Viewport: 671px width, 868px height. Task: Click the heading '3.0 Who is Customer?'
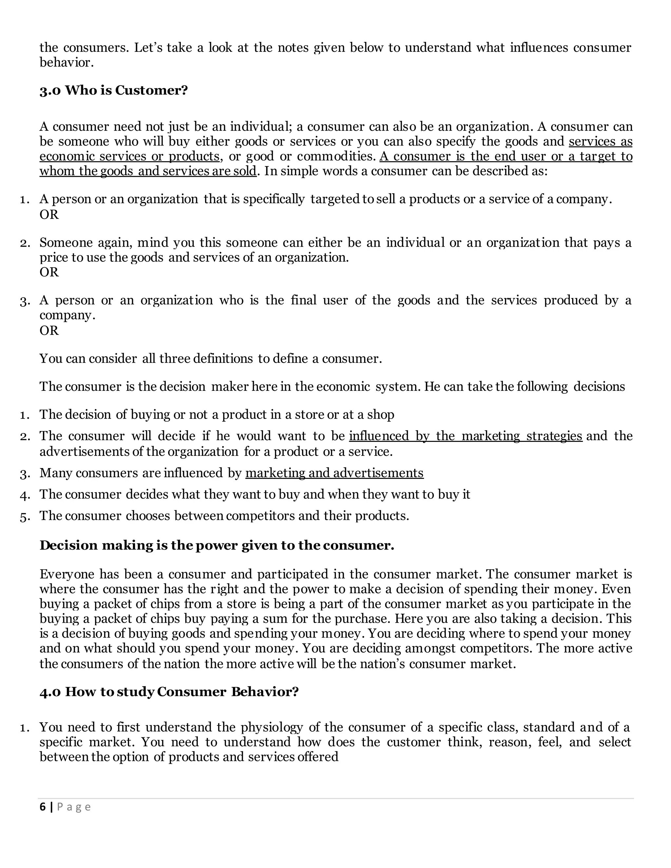113,91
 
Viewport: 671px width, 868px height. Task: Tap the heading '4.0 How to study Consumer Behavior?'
169,692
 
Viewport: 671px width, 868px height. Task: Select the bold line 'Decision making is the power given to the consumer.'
217,545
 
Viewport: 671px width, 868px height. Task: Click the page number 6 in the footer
43,807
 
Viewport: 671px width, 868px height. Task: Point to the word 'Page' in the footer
74,807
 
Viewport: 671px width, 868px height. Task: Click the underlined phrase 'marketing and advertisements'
334,473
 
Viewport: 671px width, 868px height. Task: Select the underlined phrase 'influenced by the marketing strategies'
466,436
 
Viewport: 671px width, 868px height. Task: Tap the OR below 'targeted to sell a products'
49,215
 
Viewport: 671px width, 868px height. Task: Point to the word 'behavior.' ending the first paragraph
67,62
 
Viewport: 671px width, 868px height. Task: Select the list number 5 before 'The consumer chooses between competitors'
25,517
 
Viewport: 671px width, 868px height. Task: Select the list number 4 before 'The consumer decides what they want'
25,495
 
